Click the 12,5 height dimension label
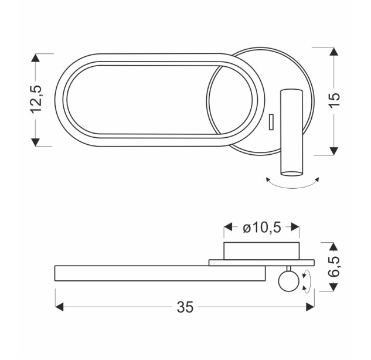(36, 99)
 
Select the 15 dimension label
(335, 100)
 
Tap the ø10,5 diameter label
(262, 227)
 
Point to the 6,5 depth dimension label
(333, 267)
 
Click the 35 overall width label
(185, 307)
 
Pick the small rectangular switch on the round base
(271, 121)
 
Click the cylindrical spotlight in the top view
(291, 133)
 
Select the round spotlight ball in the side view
(289, 281)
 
